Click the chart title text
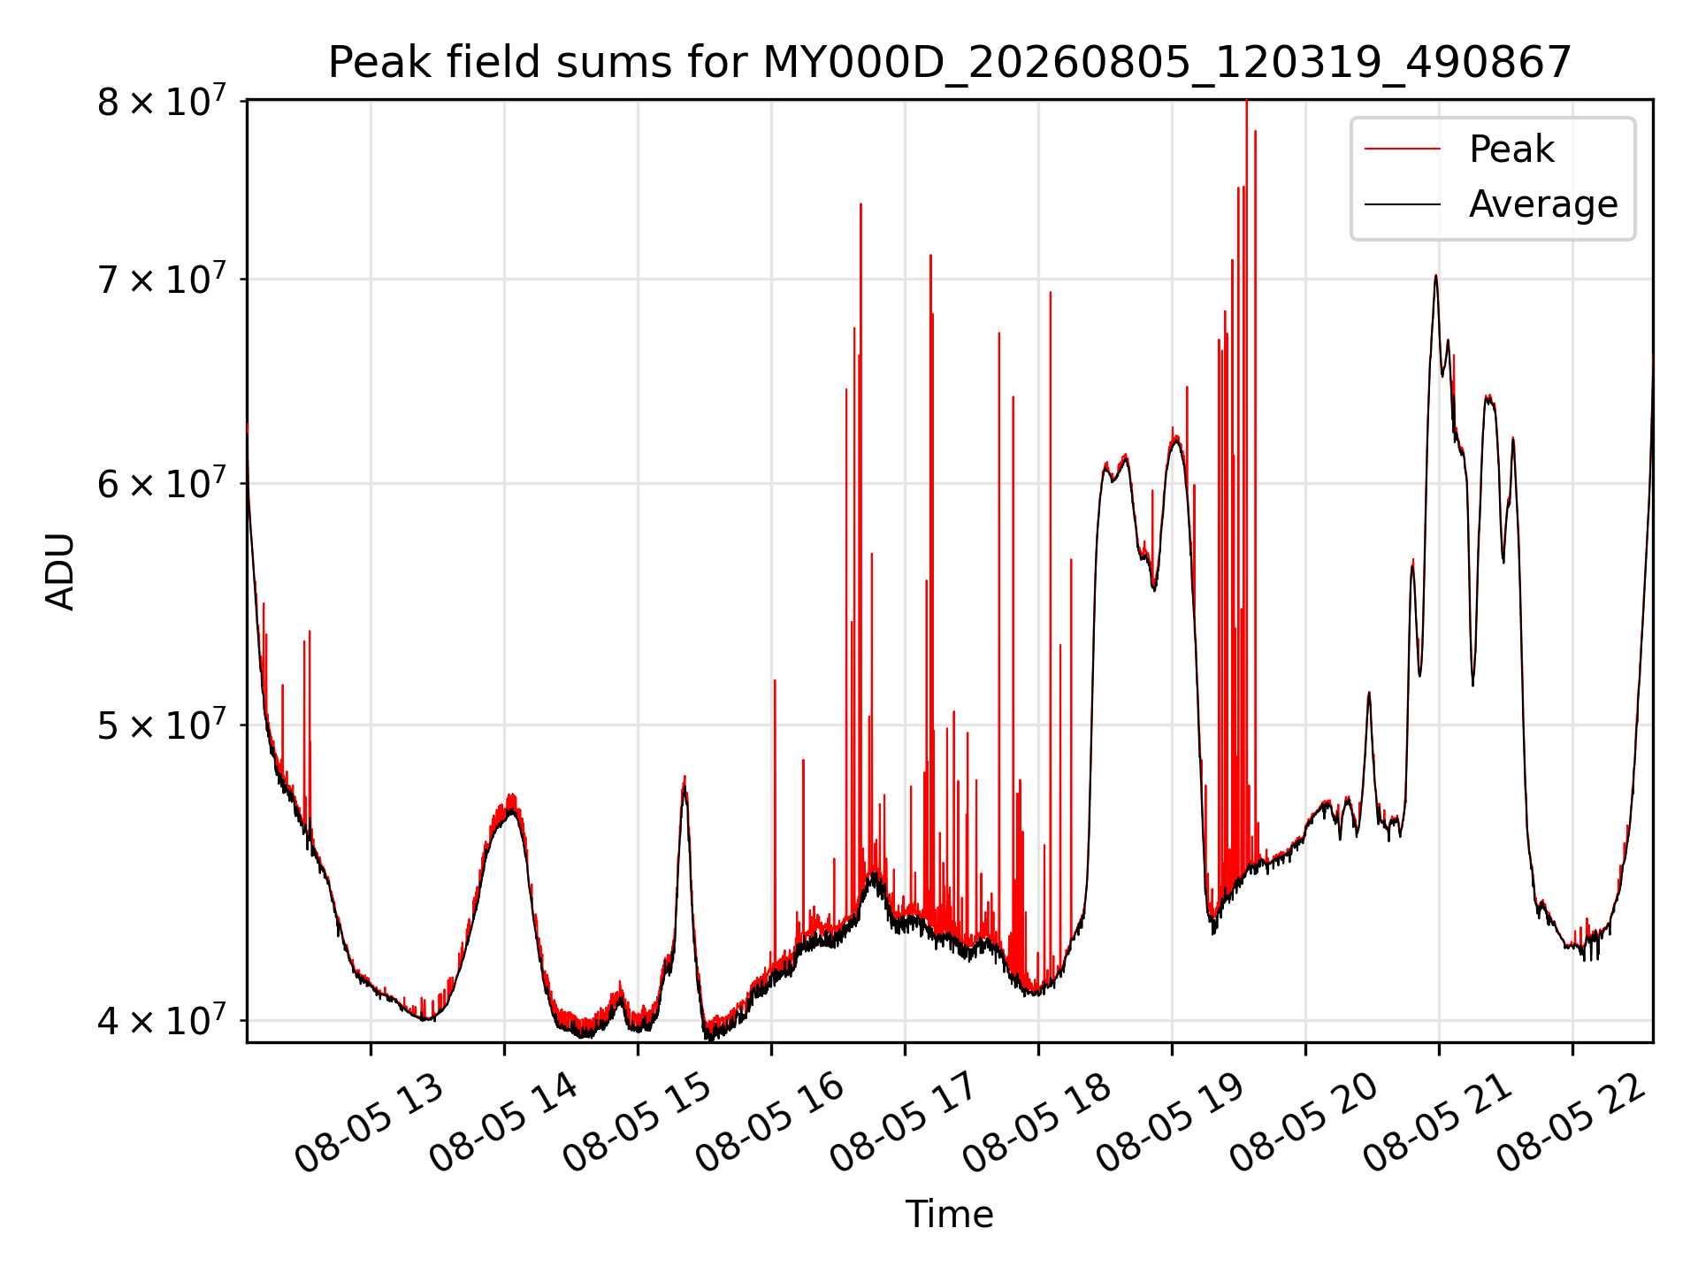950,63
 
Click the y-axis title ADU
60,572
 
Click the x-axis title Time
949,1214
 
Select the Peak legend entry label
1511,149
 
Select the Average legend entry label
1543,204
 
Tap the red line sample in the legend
1403,150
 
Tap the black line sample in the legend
1403,204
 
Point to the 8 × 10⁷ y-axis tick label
162,101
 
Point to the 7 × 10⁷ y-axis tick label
162,280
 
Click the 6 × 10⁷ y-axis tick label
162,483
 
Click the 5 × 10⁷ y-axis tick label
162,725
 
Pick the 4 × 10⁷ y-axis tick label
162,1020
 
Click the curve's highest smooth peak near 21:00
1435,276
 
